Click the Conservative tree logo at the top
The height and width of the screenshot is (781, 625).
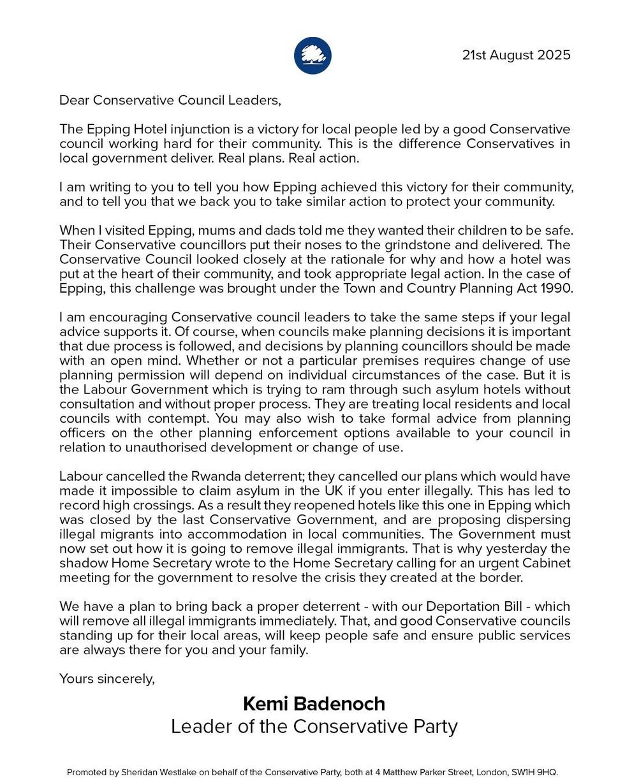point(312,55)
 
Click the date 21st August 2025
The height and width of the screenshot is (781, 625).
point(516,55)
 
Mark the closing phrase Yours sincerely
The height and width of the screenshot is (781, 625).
point(107,679)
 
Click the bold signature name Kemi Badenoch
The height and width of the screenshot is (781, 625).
point(314,704)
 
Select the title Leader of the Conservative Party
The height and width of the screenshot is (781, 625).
point(314,727)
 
